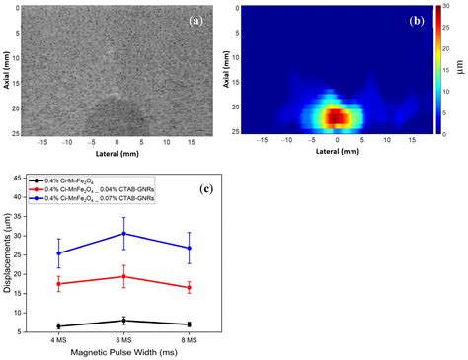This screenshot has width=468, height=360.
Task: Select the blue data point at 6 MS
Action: coord(123,233)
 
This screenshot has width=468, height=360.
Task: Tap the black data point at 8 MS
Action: coord(188,324)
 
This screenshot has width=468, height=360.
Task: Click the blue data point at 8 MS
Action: coord(188,248)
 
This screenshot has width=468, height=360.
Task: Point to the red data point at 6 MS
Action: coord(123,276)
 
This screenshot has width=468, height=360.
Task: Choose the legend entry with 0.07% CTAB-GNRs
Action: coord(99,199)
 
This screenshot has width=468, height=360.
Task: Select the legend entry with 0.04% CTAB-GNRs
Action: coord(99,190)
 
